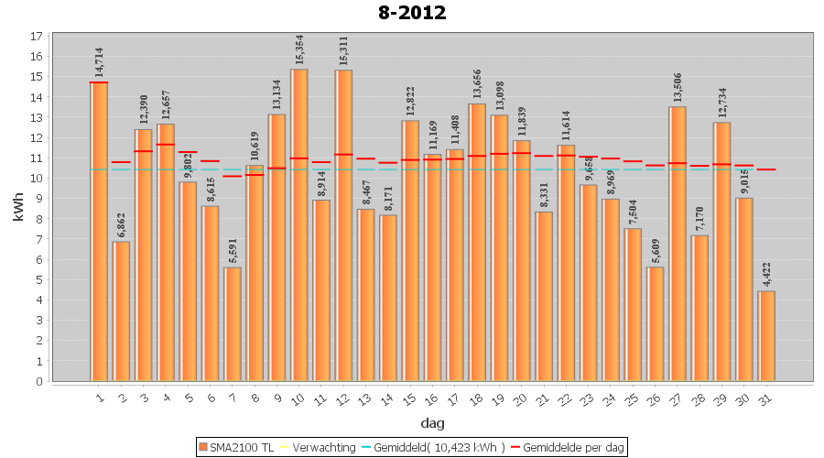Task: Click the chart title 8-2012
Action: point(411,13)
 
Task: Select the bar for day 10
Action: point(299,224)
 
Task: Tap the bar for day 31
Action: point(766,335)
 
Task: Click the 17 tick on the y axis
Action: point(37,37)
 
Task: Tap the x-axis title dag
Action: point(432,422)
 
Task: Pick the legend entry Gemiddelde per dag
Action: point(573,447)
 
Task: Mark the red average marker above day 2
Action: point(121,162)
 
